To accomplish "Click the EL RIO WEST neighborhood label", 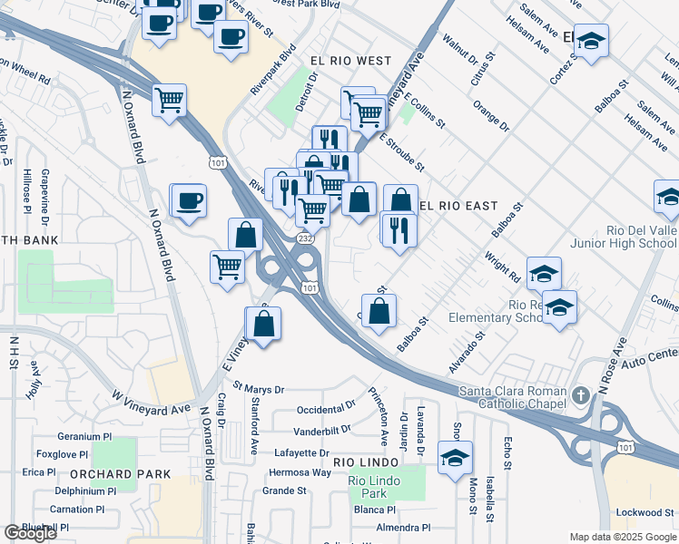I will tap(350, 61).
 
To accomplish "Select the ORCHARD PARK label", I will tap(120, 474).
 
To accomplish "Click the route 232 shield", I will tap(306, 238).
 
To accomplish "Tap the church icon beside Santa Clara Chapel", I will tap(582, 393).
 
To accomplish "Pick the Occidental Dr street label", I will tap(325, 410).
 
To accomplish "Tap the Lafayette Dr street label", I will tap(298, 452).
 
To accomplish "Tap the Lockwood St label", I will tap(645, 512).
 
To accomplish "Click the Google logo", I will tap(30, 533).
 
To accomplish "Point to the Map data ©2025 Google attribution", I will tap(623, 537).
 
